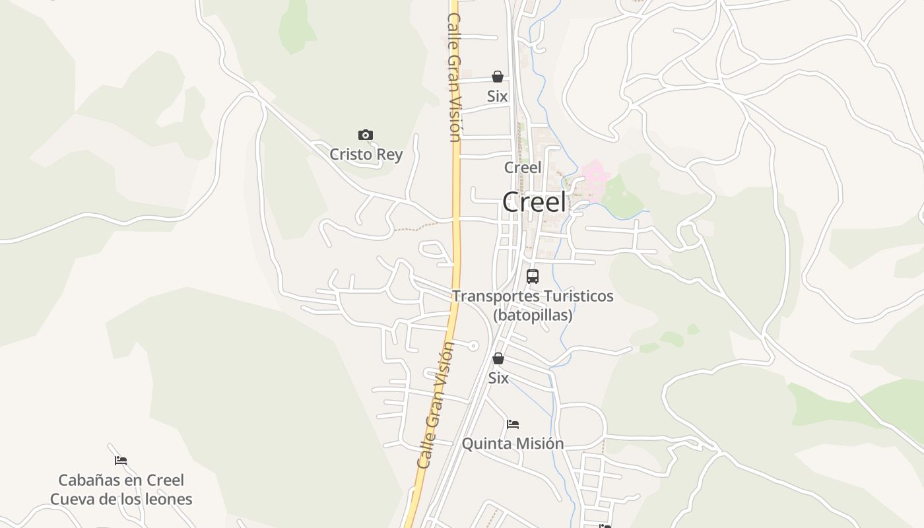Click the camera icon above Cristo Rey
click(366, 135)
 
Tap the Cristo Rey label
click(366, 154)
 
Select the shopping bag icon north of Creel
click(498, 77)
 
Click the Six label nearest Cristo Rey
click(498, 96)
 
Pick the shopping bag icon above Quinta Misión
click(498, 358)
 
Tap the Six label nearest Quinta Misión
click(498, 378)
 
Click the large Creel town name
click(534, 202)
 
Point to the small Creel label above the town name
click(523, 168)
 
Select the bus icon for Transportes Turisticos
click(533, 277)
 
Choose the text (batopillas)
click(533, 315)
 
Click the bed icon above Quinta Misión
click(513, 424)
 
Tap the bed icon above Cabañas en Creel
click(121, 461)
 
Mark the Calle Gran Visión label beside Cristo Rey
click(454, 78)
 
